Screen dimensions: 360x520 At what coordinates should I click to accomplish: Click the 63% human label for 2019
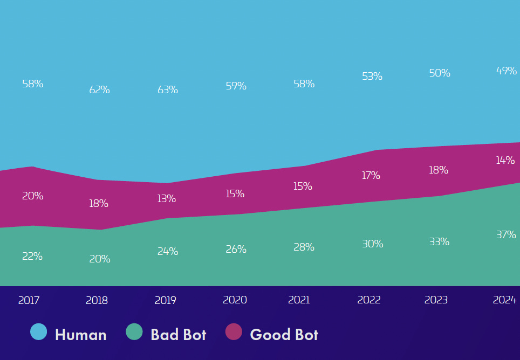coord(168,90)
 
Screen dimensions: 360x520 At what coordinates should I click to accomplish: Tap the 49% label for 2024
coord(507,71)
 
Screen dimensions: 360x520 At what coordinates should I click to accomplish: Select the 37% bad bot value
coord(506,234)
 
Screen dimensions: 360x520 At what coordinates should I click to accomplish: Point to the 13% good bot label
coord(167,198)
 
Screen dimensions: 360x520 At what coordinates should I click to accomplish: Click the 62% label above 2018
coord(100,90)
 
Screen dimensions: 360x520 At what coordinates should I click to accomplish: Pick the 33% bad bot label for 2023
coord(439,241)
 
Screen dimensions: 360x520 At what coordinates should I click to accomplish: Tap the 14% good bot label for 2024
coord(506,160)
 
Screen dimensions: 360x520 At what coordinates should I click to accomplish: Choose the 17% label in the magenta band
coord(371,175)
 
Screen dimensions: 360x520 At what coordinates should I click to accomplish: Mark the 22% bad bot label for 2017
coord(32,257)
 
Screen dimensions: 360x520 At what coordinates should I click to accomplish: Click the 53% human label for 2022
coord(372,77)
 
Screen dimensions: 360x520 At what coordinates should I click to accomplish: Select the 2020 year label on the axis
coord(235,300)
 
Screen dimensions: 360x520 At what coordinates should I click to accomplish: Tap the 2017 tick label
coord(29,300)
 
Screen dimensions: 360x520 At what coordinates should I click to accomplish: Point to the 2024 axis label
coord(505,300)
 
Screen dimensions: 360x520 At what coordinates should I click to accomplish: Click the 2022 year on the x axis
coord(369,300)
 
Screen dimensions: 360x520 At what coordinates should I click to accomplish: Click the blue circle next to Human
coord(39,332)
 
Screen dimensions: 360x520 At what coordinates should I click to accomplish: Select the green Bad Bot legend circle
coord(134,332)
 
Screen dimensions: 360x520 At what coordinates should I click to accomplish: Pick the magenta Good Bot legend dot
coord(234,332)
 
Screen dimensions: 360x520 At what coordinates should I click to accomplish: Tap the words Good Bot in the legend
coord(284,335)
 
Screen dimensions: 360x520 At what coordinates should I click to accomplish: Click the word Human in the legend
coord(81,335)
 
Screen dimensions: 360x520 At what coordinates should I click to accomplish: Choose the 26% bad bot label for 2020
coord(236,249)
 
